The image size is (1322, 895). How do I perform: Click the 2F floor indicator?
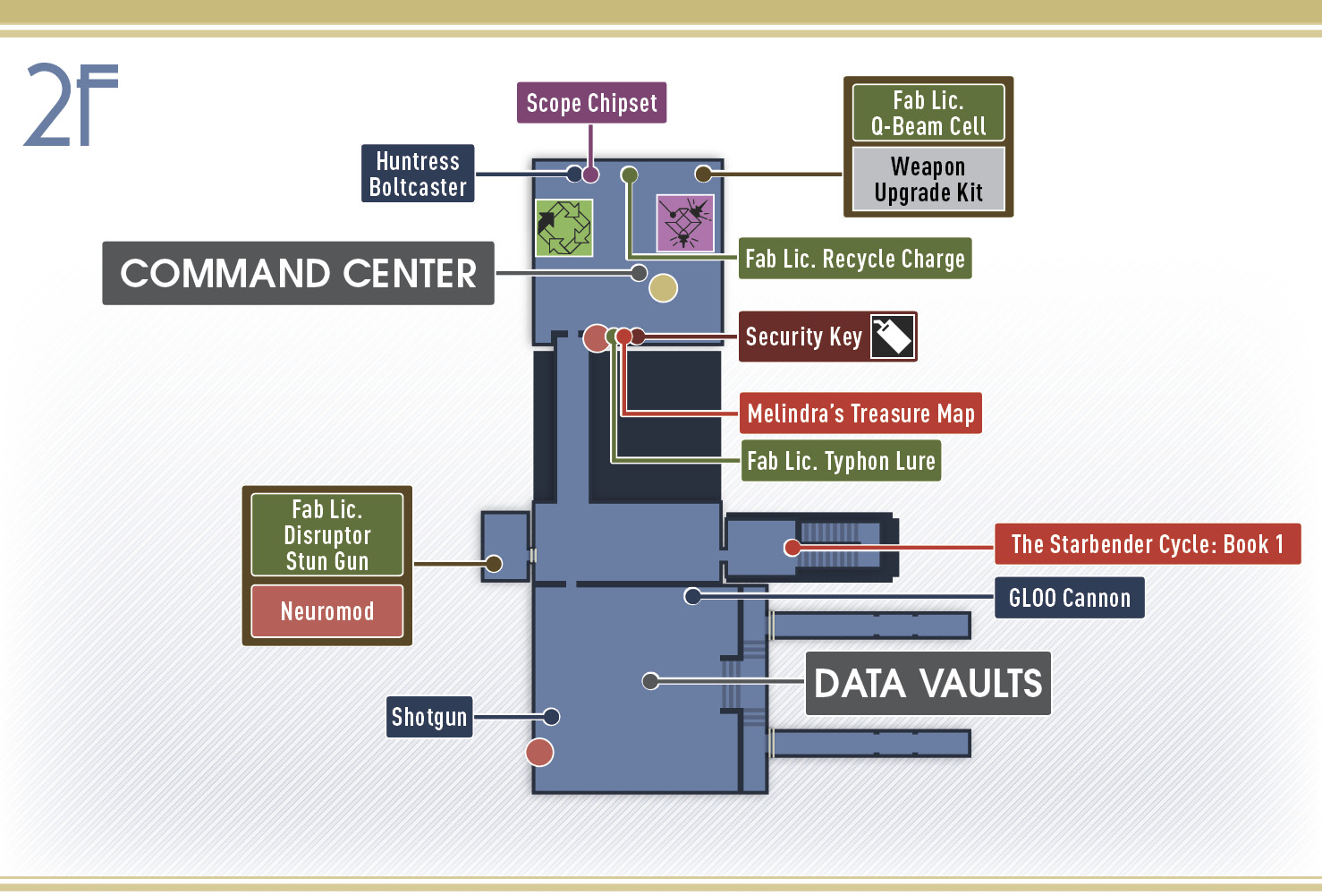point(71,104)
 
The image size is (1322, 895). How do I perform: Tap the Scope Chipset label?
point(591,103)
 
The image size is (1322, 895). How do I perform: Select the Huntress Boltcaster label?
point(418,174)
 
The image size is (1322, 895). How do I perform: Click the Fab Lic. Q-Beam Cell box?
point(928,113)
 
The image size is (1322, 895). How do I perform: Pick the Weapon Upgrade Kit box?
point(928,179)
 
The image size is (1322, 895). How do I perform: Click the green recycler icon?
point(564,227)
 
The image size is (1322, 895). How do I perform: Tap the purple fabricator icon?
point(685,223)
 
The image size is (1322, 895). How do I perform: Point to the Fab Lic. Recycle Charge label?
point(855,258)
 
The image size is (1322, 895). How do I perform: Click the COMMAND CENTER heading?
point(298,273)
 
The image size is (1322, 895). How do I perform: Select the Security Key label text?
point(804,337)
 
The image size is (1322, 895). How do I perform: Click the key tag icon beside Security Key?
point(893,337)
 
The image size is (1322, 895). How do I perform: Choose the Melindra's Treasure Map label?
point(860,413)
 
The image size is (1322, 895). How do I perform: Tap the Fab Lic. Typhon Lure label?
point(841,461)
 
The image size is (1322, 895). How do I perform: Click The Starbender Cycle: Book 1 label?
point(1148,544)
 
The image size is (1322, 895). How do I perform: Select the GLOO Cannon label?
point(1070,598)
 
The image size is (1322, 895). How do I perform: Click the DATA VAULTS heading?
point(928,683)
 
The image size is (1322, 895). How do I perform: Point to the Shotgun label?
point(429,717)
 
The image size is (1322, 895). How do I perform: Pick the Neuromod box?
point(327,611)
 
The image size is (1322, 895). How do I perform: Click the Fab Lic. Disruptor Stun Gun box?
point(327,535)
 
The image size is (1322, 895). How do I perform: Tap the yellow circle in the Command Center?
point(664,288)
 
